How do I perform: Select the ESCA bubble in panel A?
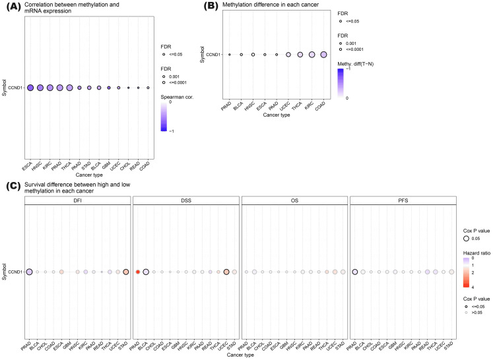[30, 88]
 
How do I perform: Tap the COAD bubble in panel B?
[323, 55]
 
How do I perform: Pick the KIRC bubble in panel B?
[312, 55]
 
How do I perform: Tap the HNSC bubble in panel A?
[40, 88]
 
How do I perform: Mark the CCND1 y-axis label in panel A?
[15, 88]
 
